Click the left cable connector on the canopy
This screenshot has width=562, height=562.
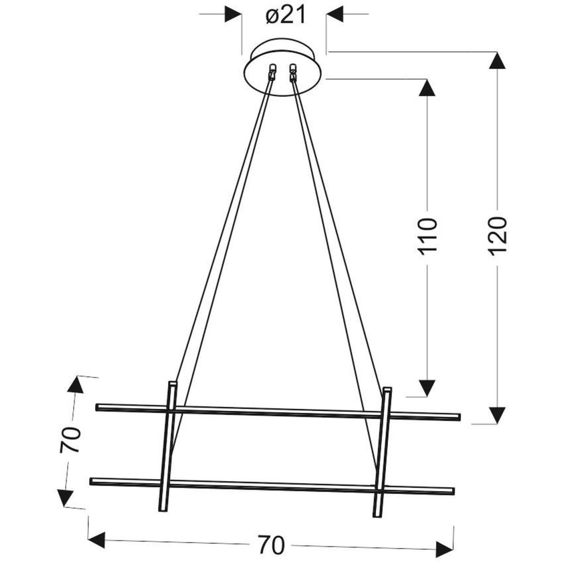pos(272,72)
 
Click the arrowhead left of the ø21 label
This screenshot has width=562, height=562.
pos(233,14)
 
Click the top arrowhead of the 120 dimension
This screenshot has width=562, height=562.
pos(497,60)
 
